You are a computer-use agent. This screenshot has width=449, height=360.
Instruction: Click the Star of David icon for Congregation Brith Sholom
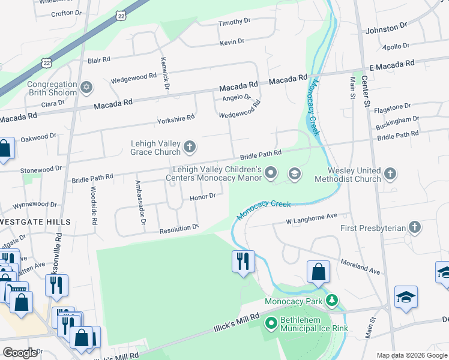coord(86,88)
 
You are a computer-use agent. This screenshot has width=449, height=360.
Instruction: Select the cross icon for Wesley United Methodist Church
coord(390,174)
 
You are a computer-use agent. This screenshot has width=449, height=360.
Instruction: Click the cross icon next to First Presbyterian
coord(414,227)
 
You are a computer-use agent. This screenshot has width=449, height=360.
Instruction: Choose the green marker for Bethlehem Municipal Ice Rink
coord(271,324)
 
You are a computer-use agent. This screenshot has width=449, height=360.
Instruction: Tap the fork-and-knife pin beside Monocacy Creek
coord(243,262)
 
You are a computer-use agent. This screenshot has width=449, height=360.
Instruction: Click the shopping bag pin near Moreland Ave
coord(318,272)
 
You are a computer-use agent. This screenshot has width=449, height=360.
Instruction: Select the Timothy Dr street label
coord(234,22)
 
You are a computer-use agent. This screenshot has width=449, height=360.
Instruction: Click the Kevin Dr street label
coord(232,41)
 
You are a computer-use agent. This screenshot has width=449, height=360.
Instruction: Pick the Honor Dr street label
coord(202,196)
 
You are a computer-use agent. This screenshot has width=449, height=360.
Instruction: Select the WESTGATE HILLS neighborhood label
coord(35,222)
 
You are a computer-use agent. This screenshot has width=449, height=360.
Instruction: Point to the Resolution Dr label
coord(178,229)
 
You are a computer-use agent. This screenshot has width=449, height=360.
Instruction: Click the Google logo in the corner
coord(20,352)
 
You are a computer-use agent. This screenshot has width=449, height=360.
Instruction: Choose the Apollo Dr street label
coord(396,46)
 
